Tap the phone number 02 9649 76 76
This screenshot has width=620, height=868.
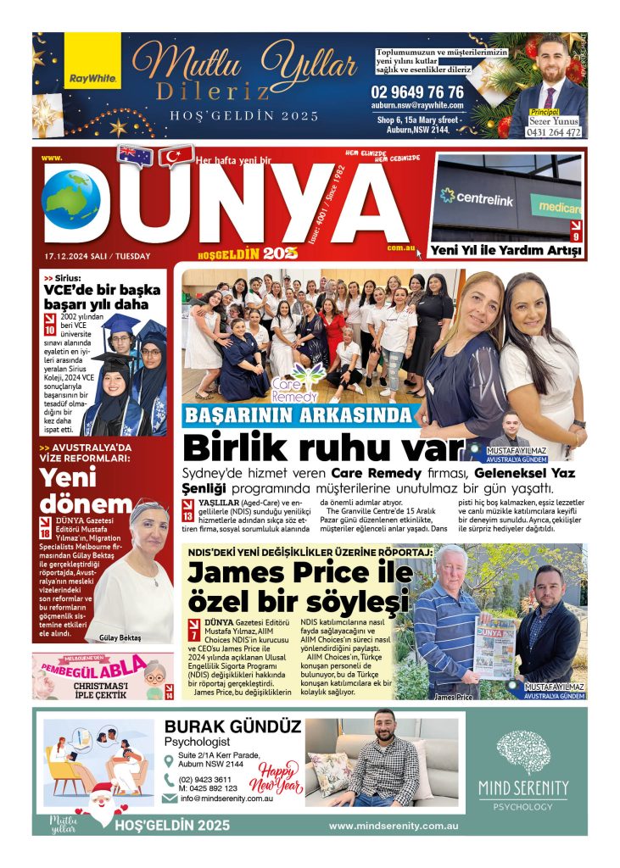[416, 92]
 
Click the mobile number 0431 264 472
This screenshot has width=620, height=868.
[555, 131]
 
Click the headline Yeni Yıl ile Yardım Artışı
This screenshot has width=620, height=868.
[506, 251]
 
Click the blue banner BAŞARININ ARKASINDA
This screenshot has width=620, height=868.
[299, 415]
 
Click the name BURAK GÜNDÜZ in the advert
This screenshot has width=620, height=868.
[232, 726]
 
